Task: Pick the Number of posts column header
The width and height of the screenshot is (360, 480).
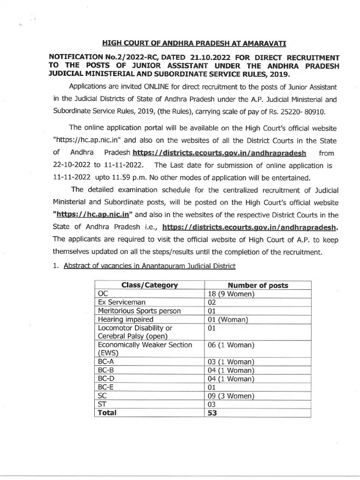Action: tap(258, 285)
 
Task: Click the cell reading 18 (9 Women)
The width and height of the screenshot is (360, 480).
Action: tap(231, 293)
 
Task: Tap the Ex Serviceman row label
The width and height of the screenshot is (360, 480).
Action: tap(122, 302)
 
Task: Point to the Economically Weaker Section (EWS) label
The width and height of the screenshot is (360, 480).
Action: tap(144, 349)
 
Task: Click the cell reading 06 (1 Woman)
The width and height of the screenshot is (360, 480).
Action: tap(231, 345)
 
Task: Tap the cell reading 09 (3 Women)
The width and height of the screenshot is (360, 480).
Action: tap(231, 396)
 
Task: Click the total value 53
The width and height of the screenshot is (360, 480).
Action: tap(212, 413)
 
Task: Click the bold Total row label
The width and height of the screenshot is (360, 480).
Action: tap(107, 413)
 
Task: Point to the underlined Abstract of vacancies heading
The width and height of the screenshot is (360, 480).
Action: tap(149, 266)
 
